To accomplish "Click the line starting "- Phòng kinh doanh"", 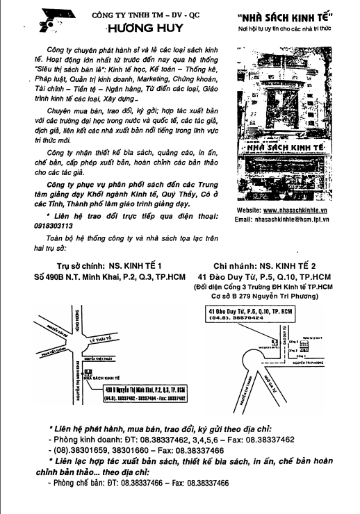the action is (170, 440).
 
